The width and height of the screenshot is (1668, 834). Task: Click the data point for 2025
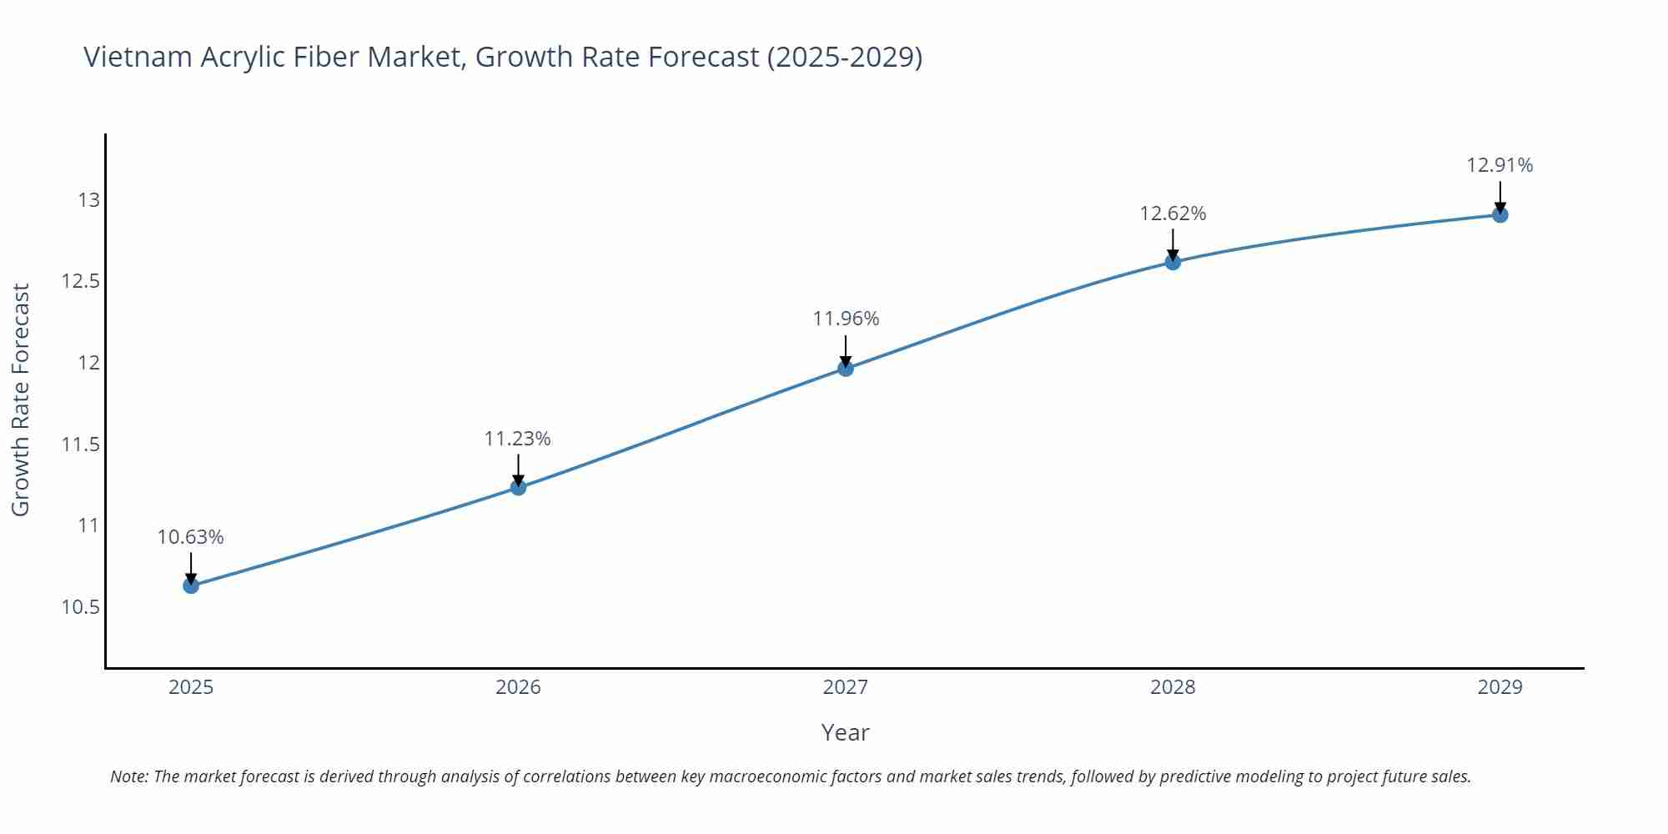(191, 585)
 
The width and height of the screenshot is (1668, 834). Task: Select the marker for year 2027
(845, 369)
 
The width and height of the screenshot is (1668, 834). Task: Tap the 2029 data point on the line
(1500, 215)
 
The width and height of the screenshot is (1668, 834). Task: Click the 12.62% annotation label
(1173, 214)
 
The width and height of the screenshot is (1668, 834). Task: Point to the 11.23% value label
(517, 439)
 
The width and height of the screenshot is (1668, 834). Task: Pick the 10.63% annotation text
(190, 537)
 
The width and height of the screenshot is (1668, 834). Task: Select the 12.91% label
(1500, 165)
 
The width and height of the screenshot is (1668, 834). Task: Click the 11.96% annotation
(846, 319)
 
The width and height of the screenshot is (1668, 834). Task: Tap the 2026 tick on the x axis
(518, 687)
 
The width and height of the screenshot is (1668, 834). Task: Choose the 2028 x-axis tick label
(1173, 687)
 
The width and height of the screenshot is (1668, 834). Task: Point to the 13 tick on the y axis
(88, 200)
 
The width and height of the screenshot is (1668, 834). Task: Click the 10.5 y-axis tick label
(80, 607)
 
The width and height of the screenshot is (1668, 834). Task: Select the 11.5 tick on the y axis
(80, 445)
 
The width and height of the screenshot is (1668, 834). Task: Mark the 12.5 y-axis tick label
(80, 281)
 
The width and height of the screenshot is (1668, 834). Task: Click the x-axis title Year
(845, 732)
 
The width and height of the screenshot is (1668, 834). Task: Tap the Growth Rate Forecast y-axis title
(20, 399)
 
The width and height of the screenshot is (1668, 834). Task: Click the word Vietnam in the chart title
(138, 57)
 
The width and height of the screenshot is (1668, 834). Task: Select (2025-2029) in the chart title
(844, 57)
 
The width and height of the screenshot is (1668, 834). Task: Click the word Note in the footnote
(128, 776)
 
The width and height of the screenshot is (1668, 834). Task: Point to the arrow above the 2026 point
(518, 470)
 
